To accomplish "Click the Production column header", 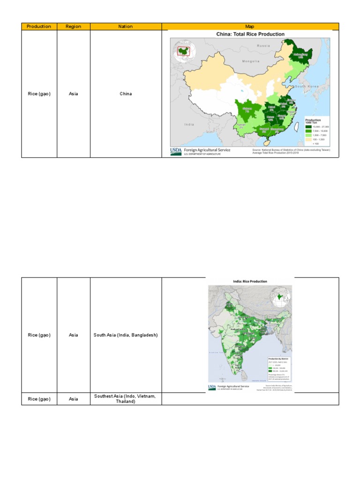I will tap(39, 27).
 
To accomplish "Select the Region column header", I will tap(73, 27).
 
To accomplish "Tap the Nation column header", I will tap(126, 27).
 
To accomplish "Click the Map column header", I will tap(250, 27).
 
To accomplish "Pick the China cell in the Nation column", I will tap(126, 94).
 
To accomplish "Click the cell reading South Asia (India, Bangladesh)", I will tap(126, 335).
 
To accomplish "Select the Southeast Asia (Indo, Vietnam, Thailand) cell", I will tap(126, 399).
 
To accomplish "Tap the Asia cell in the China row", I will tap(73, 94).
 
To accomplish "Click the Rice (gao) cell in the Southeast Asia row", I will tap(39, 399).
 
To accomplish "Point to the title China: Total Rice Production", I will tap(250, 34).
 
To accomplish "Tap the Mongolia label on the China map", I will tap(251, 61).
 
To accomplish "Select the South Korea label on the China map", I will tap(307, 87).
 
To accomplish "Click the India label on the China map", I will tap(189, 124).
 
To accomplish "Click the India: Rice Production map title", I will tap(250, 282).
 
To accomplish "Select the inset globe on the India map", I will tap(280, 296).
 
